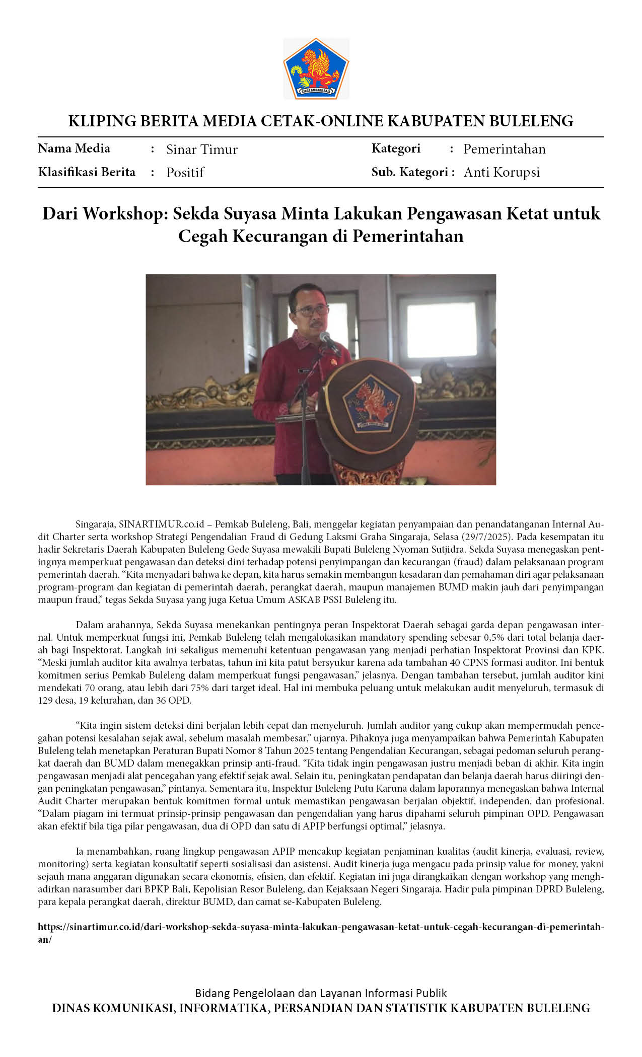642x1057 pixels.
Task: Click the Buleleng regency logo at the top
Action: [316, 68]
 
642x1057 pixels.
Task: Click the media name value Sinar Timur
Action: [201, 149]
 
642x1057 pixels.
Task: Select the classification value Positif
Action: [185, 173]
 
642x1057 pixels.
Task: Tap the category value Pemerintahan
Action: [504, 149]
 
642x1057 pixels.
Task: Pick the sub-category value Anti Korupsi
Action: [502, 172]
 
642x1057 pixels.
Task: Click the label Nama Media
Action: [74, 148]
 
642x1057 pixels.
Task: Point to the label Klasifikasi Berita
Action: [87, 172]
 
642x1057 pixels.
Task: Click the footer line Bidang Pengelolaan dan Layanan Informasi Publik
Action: [321, 993]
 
